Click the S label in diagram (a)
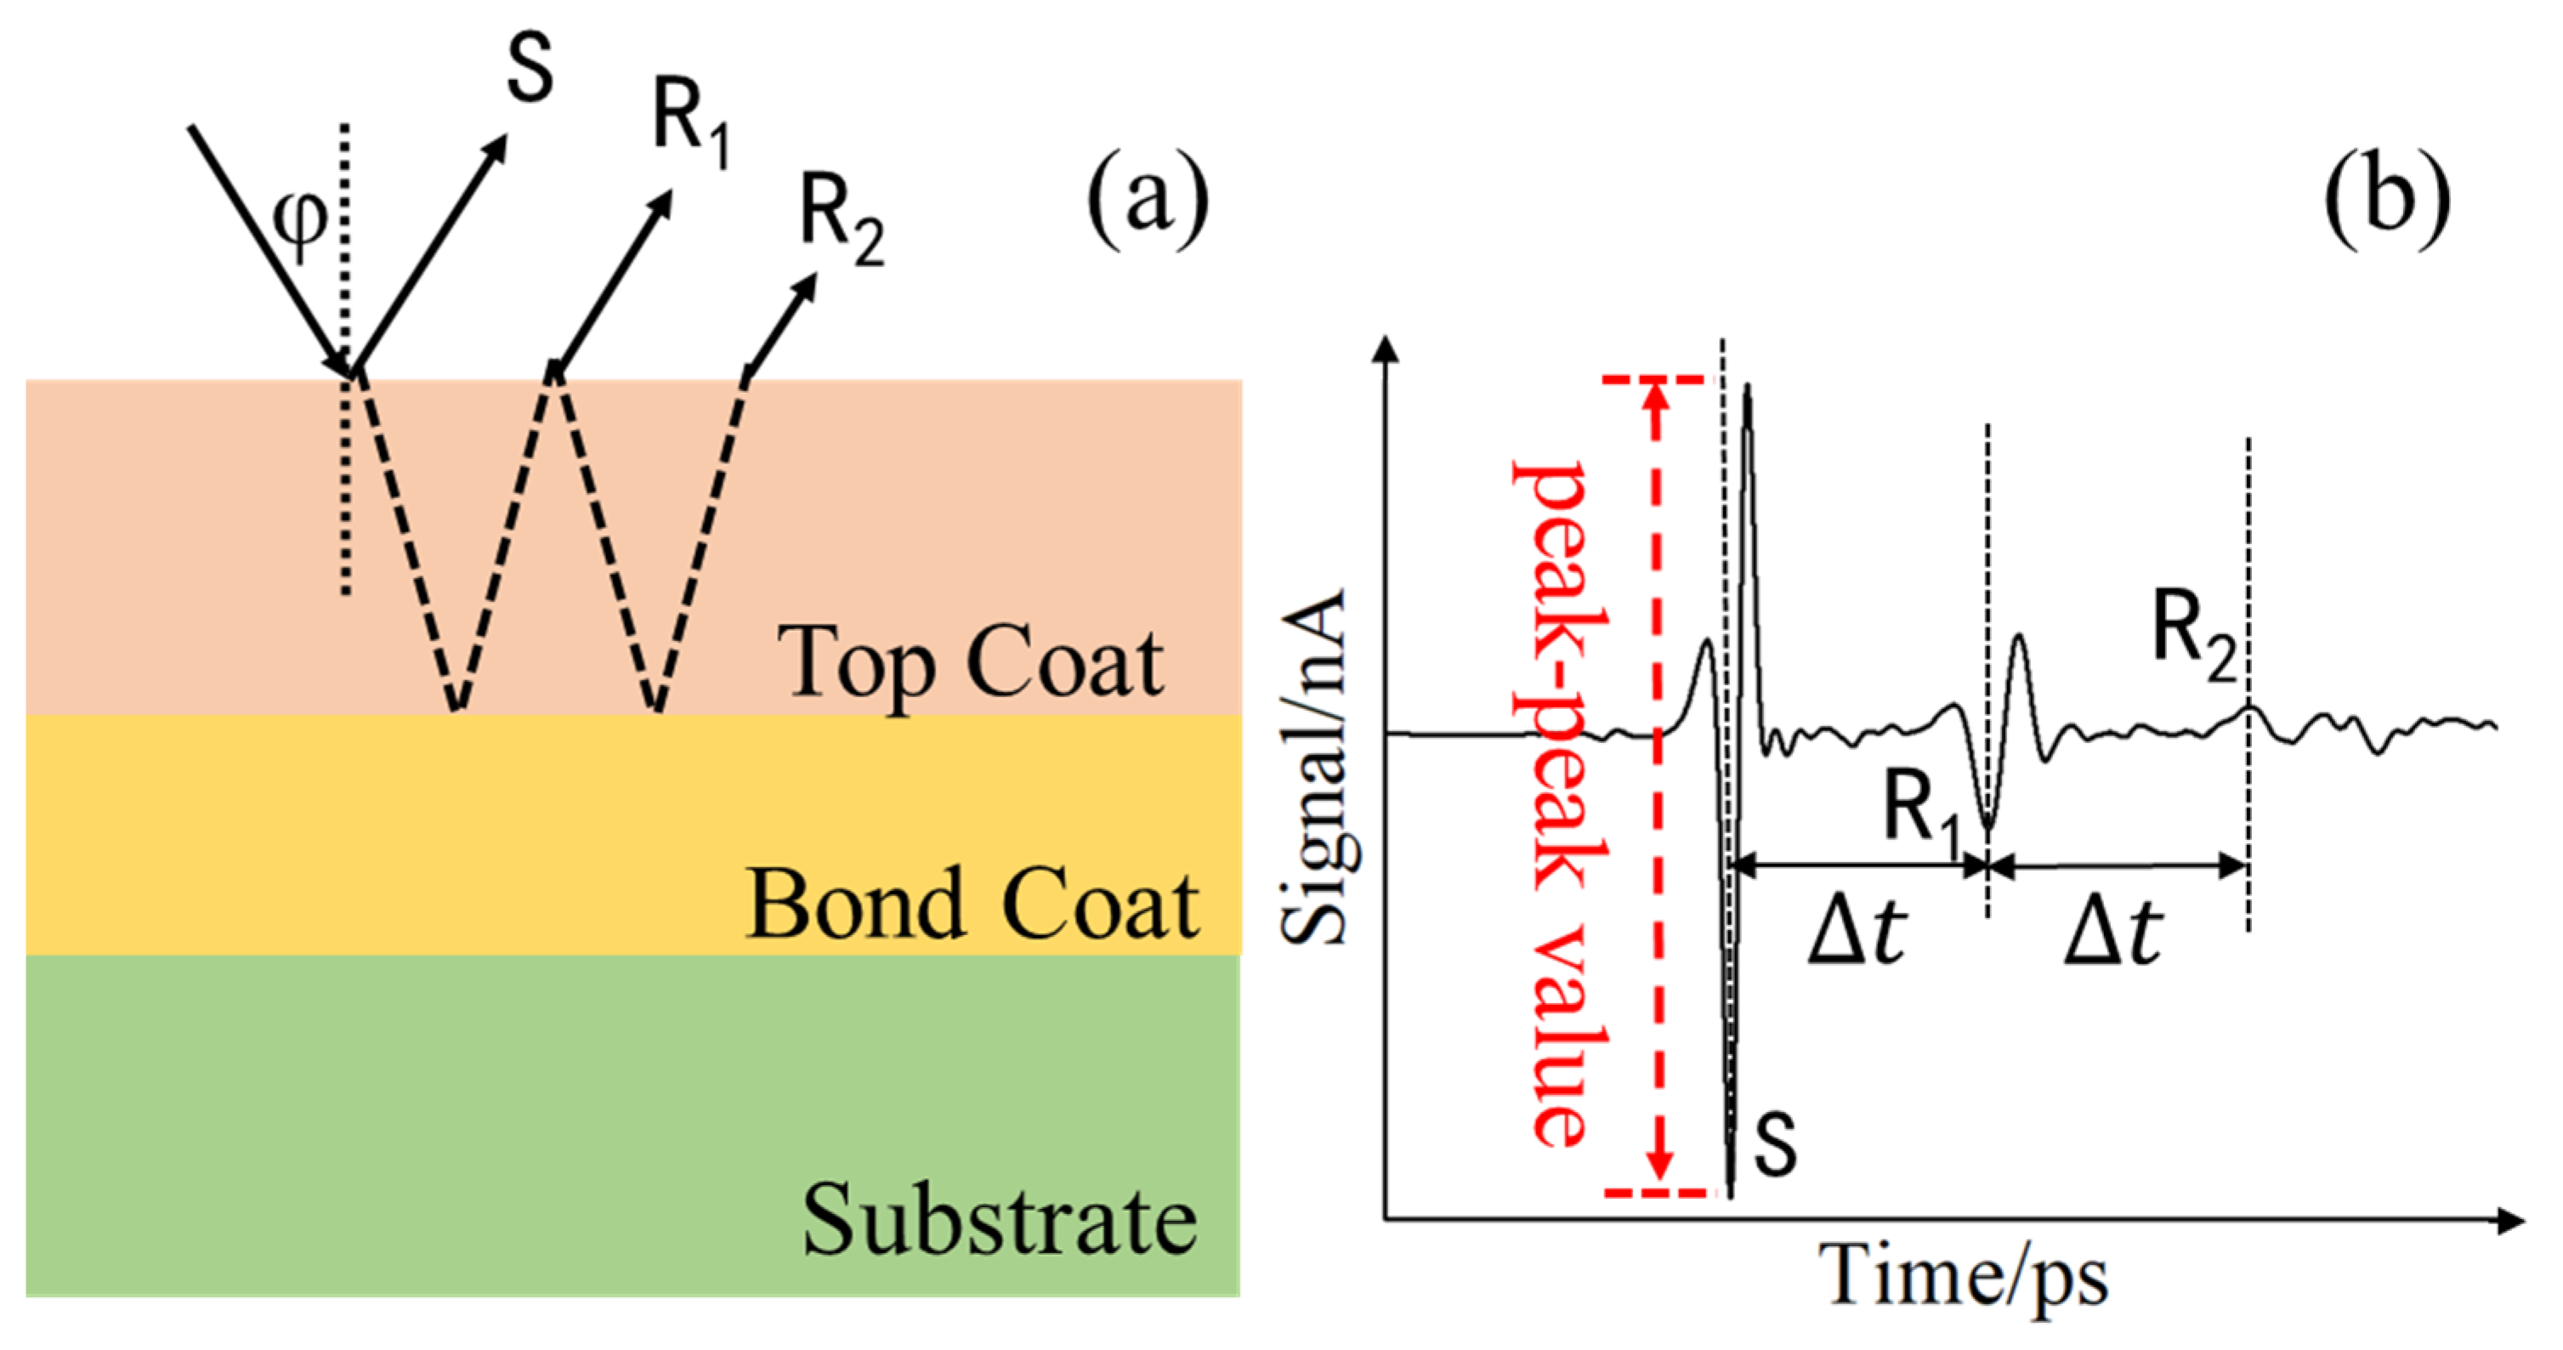tap(530, 70)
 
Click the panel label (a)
tap(1147, 199)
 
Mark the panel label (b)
tap(2386, 199)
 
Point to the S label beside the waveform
tap(1774, 1144)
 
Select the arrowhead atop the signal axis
tap(1385, 350)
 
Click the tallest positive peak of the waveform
tap(1748, 391)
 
